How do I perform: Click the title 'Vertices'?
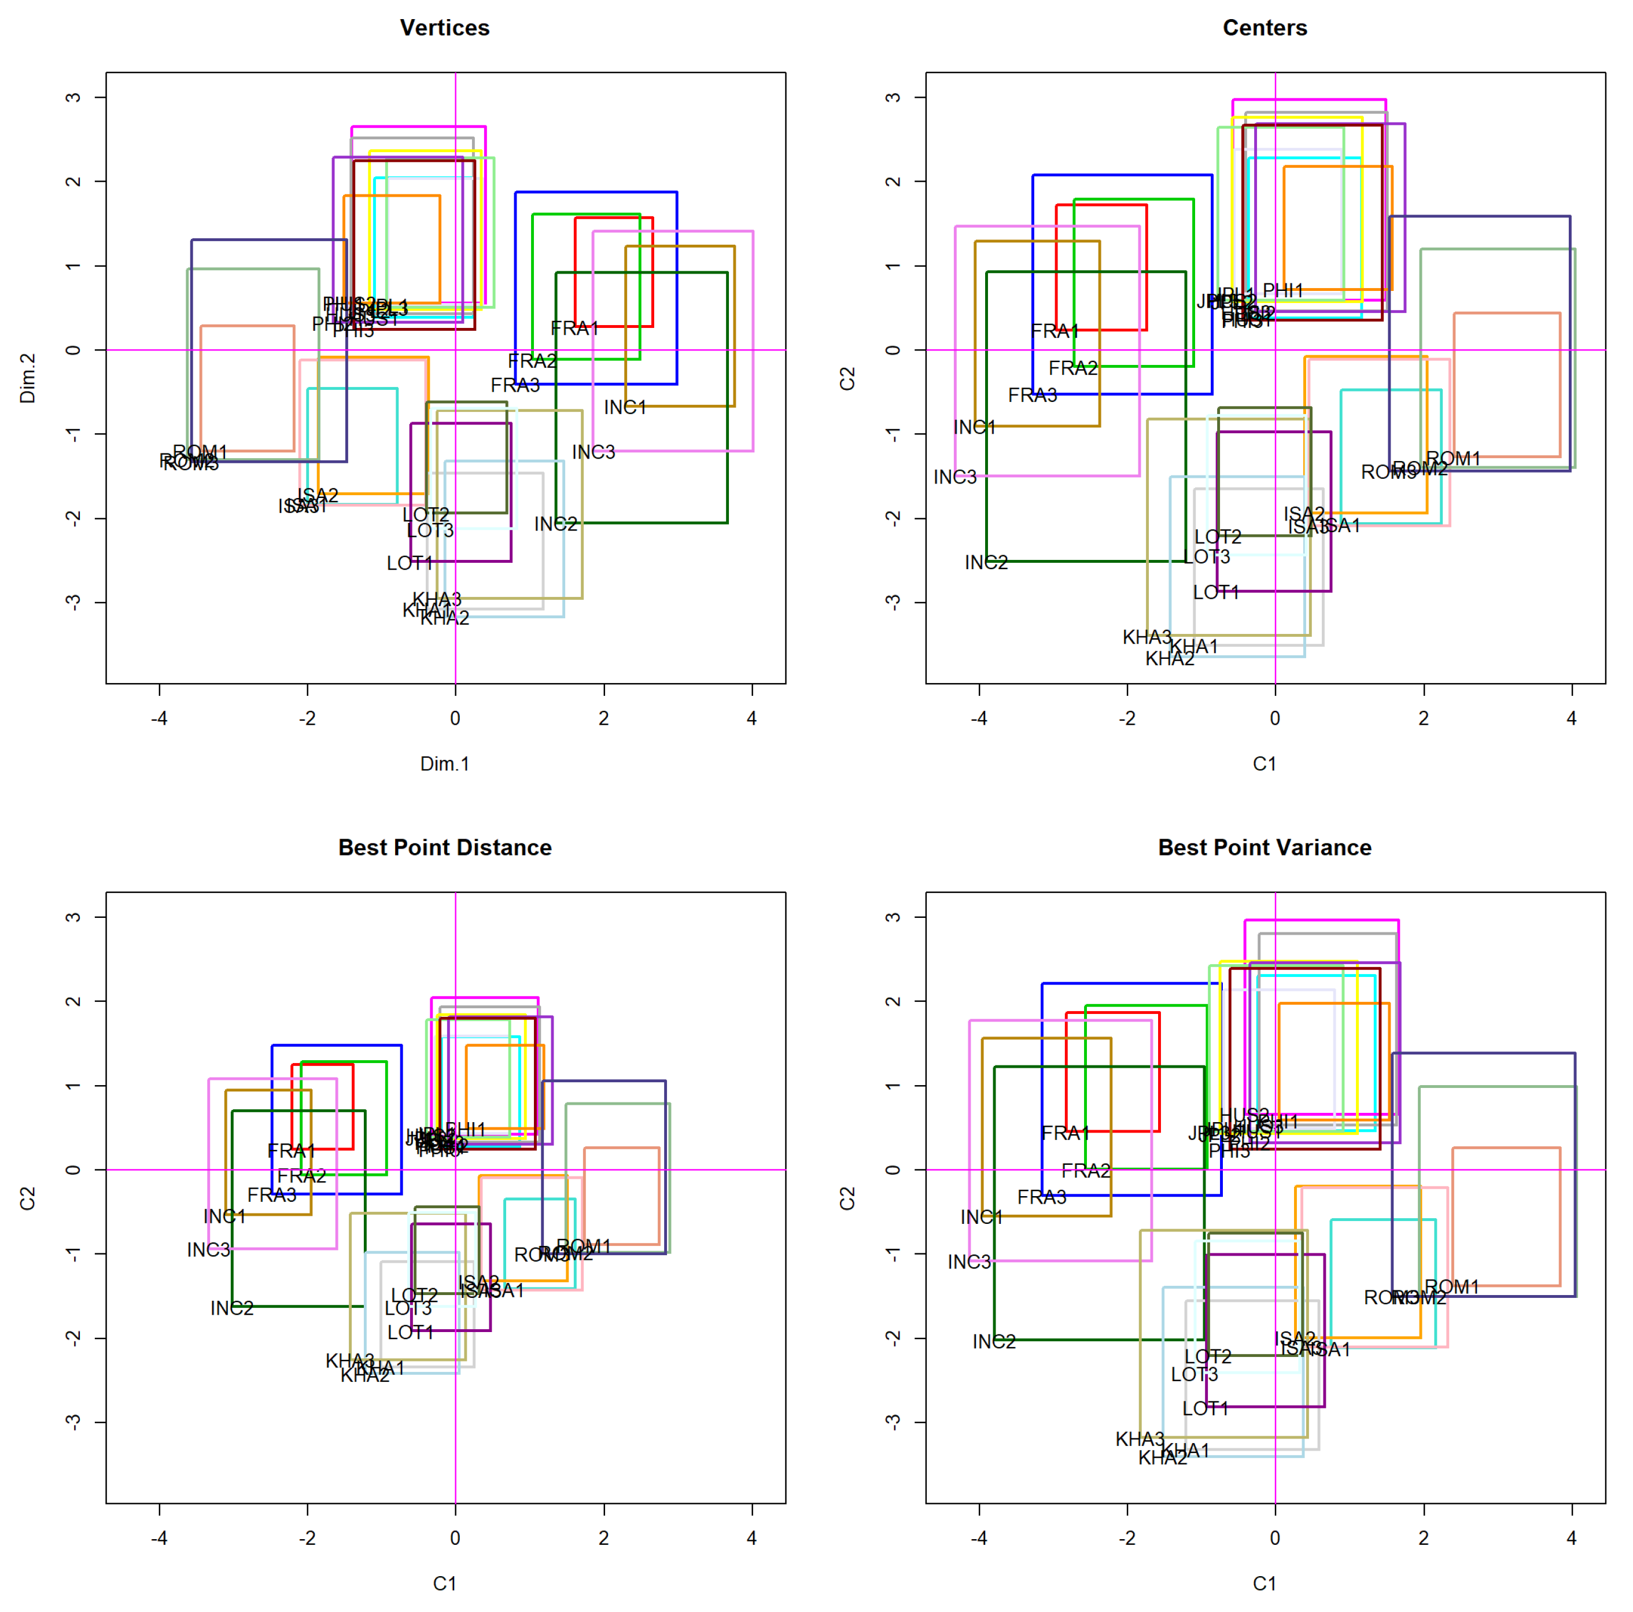click(x=445, y=28)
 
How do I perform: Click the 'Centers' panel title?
click(x=1265, y=28)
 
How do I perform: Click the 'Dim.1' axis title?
click(x=445, y=763)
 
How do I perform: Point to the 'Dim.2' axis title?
click(x=28, y=378)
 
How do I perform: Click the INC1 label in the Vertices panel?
click(x=625, y=407)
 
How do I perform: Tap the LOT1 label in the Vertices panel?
click(x=410, y=563)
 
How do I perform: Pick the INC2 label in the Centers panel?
click(x=986, y=562)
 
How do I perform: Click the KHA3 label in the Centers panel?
click(x=1147, y=636)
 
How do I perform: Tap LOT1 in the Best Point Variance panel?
click(x=1206, y=1408)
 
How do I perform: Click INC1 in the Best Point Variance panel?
click(x=981, y=1216)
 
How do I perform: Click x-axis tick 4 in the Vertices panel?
click(x=751, y=718)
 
